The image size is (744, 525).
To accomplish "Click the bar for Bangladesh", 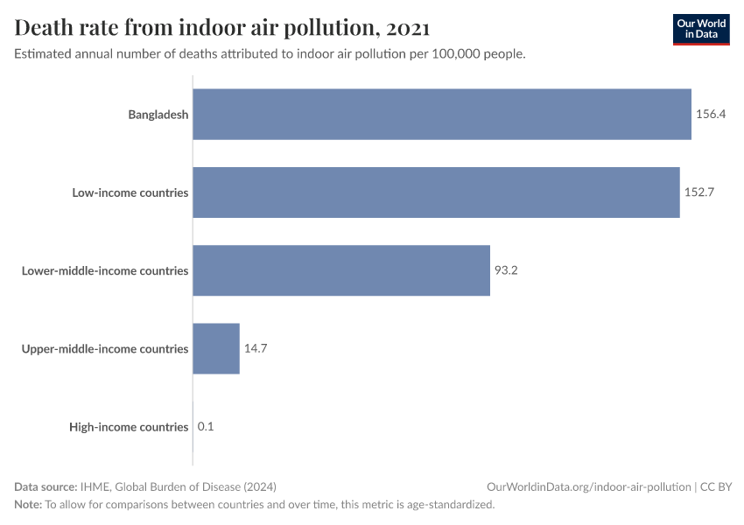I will pos(442,114).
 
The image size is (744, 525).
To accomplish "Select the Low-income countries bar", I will pos(436,192).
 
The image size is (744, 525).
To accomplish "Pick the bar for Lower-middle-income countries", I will pos(341,270).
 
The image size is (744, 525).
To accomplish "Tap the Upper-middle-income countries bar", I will pos(216,348).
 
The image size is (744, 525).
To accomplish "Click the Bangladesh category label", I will pos(158,114).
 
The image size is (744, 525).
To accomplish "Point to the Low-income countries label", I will pos(130,192).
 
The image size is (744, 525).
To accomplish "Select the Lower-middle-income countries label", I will pos(105,270).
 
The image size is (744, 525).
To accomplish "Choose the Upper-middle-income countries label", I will pos(105,348).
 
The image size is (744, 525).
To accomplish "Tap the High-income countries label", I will pos(129,427).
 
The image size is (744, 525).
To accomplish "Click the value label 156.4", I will pos(711,114).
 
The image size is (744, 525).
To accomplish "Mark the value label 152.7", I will pos(699,192).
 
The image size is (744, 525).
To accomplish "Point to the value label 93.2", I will pos(507,270).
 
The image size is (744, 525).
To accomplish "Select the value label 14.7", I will pos(256,348).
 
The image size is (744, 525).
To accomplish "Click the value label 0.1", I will pos(206,427).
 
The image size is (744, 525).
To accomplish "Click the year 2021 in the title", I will pos(407,28).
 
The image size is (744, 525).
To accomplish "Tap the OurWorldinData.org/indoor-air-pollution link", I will pos(588,486).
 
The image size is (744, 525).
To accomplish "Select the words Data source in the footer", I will pos(45,486).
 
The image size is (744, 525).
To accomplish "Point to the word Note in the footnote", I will pos(27,505).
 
